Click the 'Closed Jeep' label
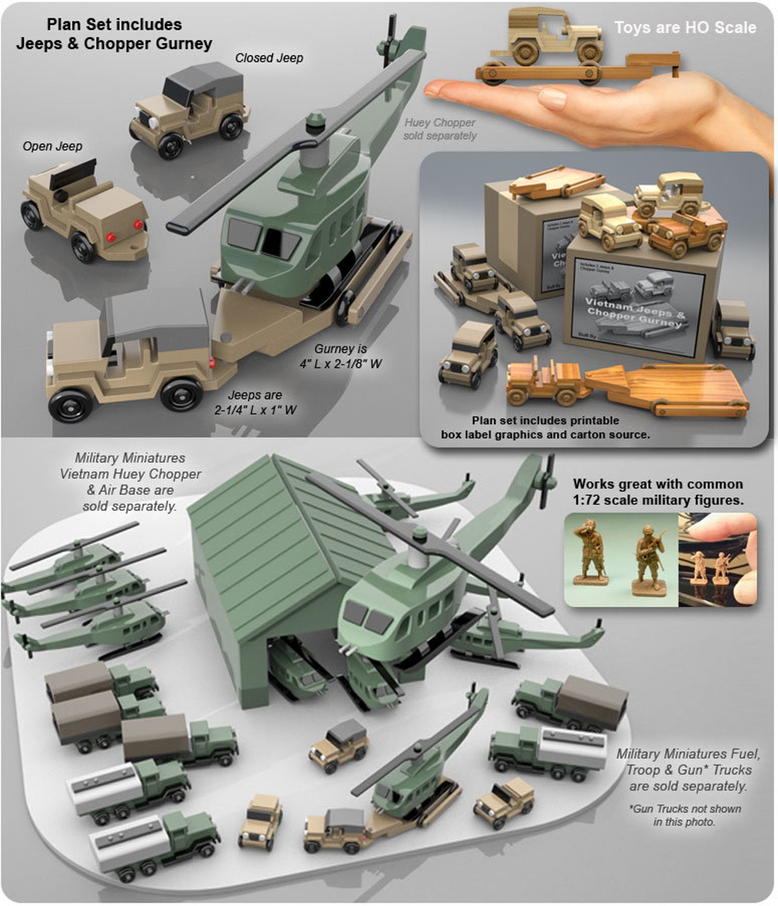[269, 58]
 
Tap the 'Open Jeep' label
[52, 146]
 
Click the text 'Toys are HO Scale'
[685, 27]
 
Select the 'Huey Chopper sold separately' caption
[439, 129]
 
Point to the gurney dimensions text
[341, 357]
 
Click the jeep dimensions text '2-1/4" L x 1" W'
[255, 410]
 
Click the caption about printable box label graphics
[545, 428]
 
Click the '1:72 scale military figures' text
[658, 500]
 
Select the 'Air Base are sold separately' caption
[130, 498]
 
